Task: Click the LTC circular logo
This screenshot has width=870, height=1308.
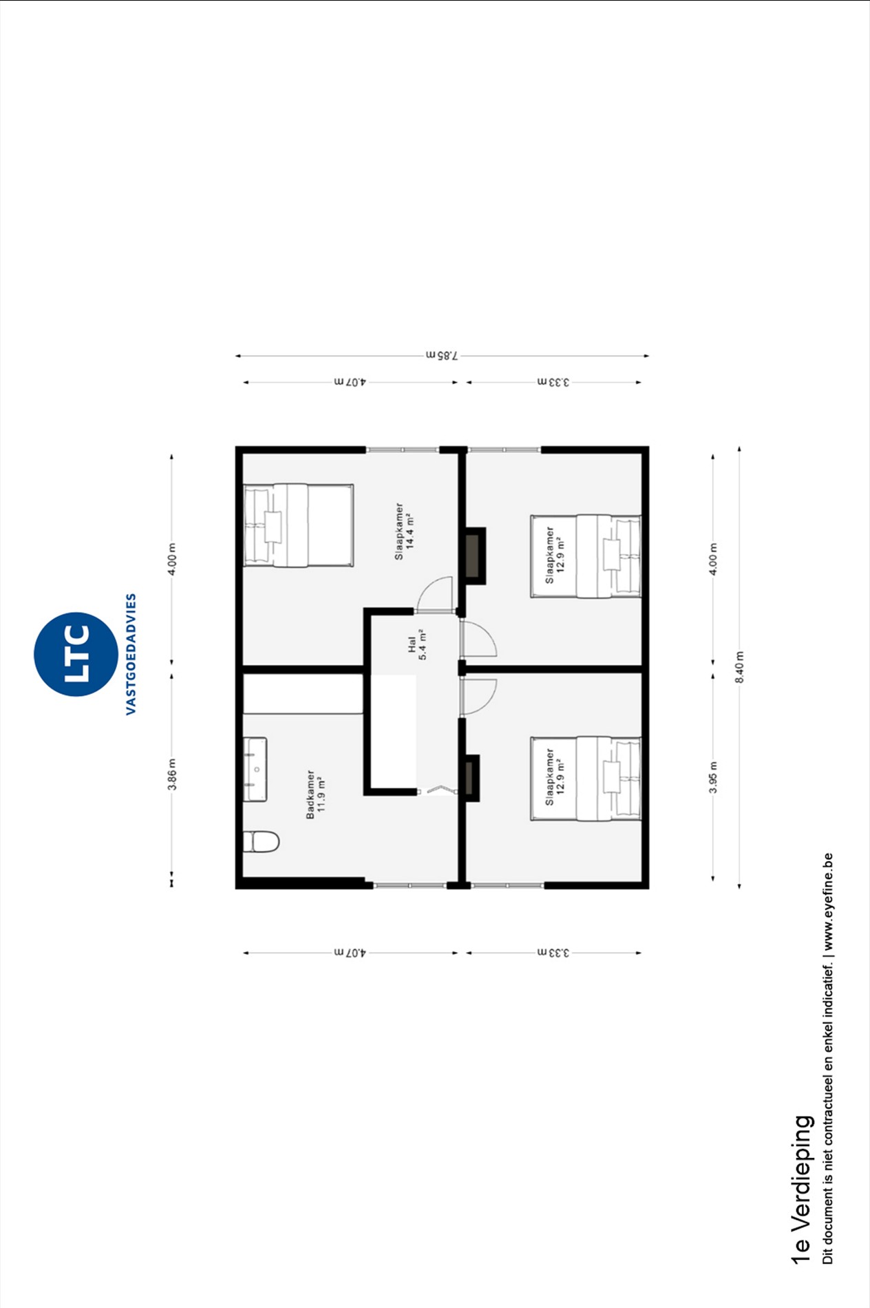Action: [x=76, y=654]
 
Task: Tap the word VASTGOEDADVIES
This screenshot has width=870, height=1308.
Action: [x=131, y=654]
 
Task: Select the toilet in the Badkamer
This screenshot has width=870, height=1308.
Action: [x=261, y=841]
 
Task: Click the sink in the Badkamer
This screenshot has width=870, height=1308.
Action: [x=255, y=769]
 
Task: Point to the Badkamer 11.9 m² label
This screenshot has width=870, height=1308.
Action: [x=316, y=794]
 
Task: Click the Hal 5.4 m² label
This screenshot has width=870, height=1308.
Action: [x=417, y=645]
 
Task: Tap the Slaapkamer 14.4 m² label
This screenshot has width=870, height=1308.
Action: [x=404, y=531]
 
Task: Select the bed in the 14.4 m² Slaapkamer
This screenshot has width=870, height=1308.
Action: [x=299, y=525]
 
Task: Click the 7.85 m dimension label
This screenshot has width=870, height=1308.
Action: [x=441, y=355]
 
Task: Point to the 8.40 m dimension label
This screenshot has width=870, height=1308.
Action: [x=740, y=667]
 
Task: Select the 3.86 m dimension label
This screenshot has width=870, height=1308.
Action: [x=172, y=774]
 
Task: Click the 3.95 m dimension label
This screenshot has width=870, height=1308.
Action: [x=714, y=777]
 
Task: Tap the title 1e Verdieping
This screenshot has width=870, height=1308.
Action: [x=801, y=1190]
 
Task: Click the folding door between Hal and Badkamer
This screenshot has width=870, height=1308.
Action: [x=438, y=791]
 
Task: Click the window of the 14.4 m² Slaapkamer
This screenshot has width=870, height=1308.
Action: [x=403, y=450]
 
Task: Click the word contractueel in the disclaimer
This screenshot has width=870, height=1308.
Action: [x=828, y=1067]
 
